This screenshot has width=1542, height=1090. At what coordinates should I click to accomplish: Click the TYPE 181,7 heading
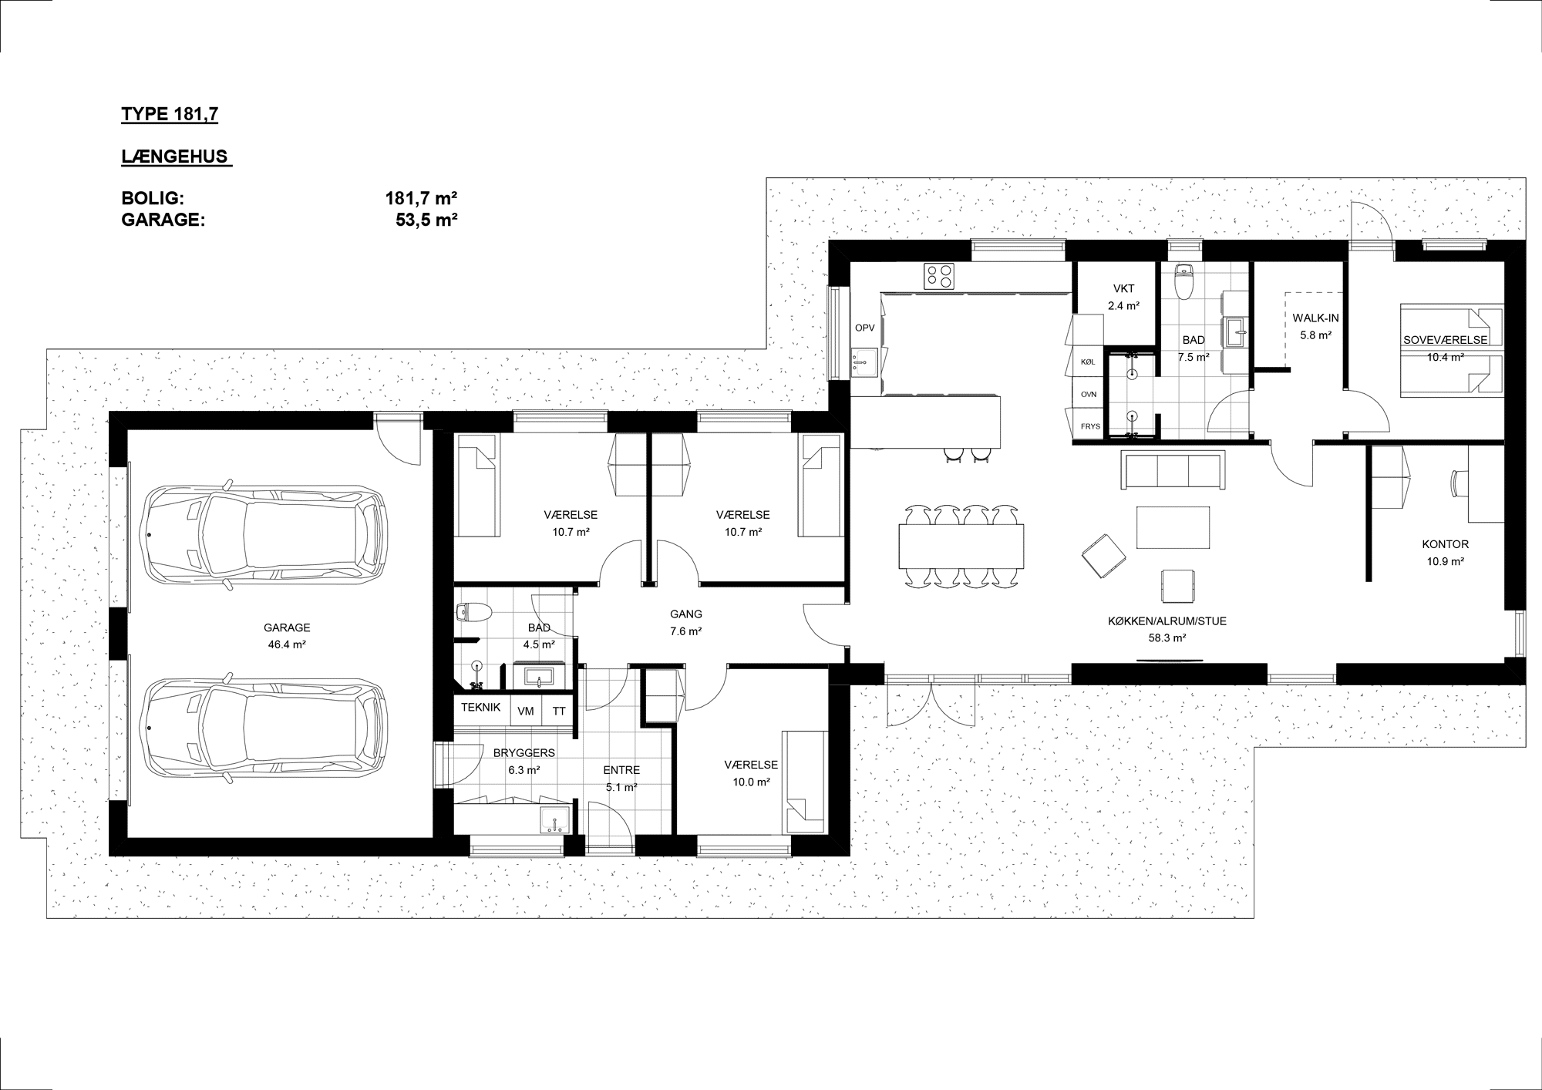170,115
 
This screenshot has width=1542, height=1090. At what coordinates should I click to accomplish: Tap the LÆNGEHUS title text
175,156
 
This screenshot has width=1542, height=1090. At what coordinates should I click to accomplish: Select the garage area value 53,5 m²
426,219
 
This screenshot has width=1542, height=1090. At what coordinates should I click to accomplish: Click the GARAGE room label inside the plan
287,627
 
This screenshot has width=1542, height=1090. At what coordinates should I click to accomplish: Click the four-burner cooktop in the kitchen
939,276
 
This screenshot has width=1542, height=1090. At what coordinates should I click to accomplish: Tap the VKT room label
1123,289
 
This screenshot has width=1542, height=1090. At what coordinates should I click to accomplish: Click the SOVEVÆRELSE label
1445,340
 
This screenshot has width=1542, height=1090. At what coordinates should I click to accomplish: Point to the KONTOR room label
1445,544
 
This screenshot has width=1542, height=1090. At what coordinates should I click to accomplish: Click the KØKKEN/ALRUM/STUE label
1167,621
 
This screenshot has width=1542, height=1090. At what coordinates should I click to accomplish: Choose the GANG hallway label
686,614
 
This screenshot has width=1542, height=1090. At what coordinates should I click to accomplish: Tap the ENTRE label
621,770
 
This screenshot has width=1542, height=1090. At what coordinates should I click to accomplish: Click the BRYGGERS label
524,753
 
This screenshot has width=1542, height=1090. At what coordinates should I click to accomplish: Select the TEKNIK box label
481,707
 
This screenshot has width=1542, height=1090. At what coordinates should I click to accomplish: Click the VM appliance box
526,712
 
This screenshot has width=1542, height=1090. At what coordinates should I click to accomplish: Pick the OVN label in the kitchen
1089,394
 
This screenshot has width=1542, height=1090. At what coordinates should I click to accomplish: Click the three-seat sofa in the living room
1172,470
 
